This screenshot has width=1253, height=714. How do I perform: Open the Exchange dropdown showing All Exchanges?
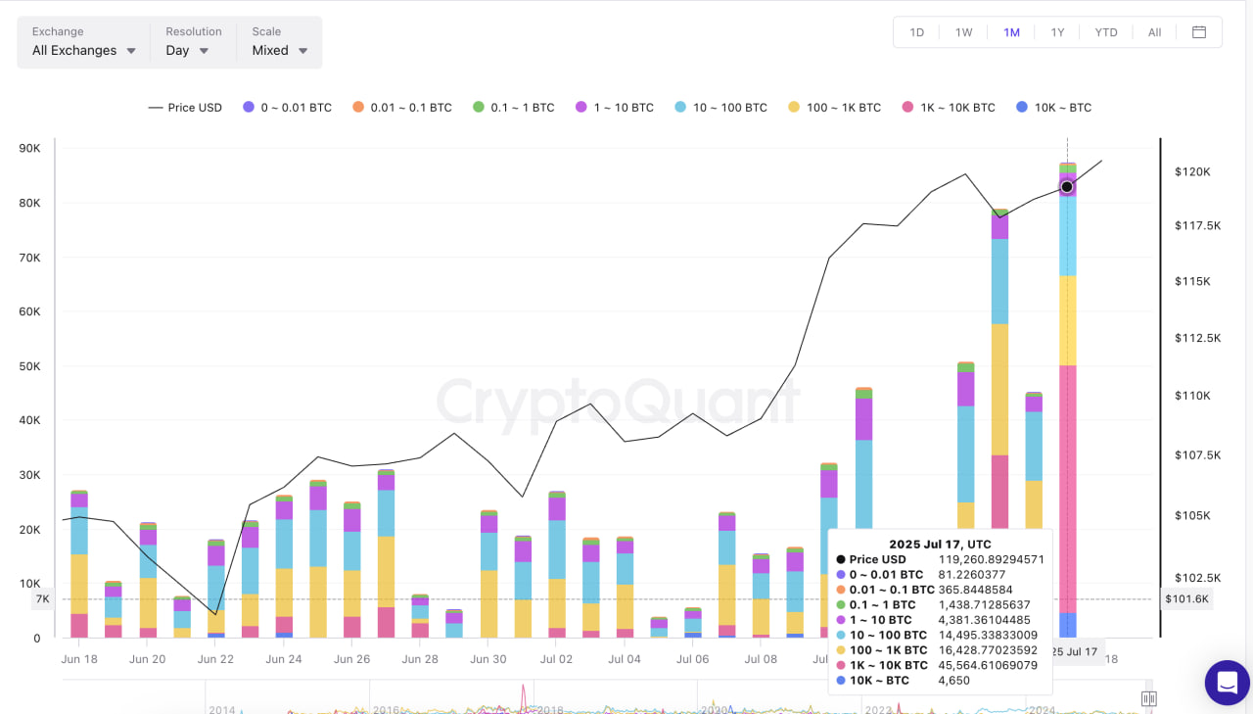83,50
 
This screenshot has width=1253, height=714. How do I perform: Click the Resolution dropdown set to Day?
187,50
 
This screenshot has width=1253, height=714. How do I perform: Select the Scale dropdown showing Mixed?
279,50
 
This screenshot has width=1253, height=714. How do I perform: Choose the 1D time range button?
917,32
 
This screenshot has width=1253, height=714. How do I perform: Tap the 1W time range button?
964,32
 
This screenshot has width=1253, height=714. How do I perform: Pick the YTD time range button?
1106,32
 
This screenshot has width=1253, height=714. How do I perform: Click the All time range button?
1155,32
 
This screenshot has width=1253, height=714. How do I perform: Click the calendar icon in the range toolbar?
1199,32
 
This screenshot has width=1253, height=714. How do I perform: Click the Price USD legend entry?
185,108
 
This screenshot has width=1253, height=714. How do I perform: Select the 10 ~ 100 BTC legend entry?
720,108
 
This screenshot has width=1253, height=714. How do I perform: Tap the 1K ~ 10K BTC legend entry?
948,108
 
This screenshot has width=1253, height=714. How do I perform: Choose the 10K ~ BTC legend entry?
1053,108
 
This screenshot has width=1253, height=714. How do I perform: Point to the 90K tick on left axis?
29,149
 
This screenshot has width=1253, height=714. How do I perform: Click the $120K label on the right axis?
1192,172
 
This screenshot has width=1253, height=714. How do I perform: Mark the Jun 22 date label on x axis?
215,659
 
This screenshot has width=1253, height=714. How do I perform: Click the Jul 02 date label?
556,659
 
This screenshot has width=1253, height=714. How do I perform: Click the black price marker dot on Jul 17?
1067,187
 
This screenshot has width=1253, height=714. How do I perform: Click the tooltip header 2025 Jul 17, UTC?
940,544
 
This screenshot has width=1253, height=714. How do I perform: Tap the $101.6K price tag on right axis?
1186,598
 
